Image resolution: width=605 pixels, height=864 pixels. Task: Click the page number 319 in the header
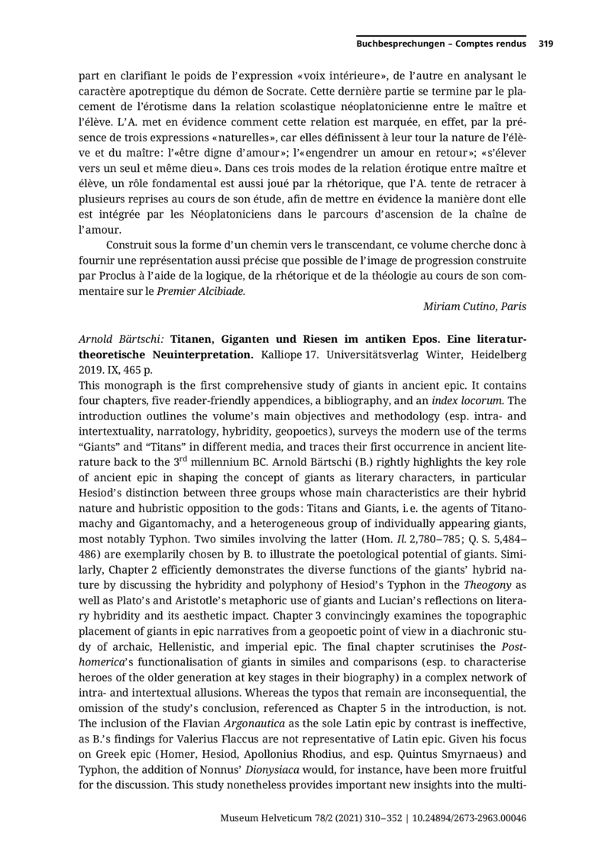[x=545, y=44]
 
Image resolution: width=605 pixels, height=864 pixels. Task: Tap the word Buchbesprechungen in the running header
[x=400, y=44]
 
